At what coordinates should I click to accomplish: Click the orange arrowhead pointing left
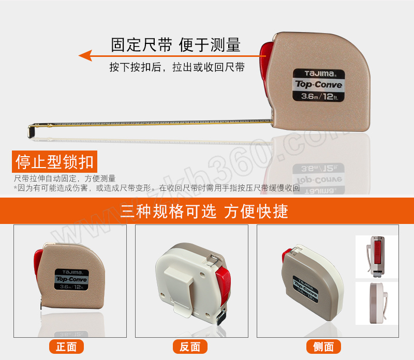click(x=85, y=55)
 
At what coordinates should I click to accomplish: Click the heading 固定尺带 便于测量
click(x=175, y=44)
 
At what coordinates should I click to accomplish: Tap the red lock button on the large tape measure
click(x=266, y=62)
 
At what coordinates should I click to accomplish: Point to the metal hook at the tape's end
click(x=32, y=130)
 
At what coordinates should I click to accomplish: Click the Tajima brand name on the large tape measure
click(x=319, y=73)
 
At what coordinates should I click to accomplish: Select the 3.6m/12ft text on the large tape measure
click(x=319, y=96)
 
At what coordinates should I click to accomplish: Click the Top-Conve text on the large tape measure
click(x=319, y=84)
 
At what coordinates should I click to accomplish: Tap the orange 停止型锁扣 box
click(x=54, y=161)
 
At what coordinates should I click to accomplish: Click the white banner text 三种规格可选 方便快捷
click(x=204, y=211)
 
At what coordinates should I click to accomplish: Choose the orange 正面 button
click(x=66, y=347)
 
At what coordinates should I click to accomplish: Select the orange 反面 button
click(x=190, y=347)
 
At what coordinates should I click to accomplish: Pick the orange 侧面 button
click(x=323, y=347)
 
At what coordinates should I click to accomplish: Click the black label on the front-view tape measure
click(x=71, y=279)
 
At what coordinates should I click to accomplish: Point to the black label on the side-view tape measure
click(x=305, y=289)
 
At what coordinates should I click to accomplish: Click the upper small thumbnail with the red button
click(x=376, y=257)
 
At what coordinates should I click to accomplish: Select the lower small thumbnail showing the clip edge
click(x=376, y=303)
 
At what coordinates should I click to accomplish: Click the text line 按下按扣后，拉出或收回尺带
click(x=177, y=67)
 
